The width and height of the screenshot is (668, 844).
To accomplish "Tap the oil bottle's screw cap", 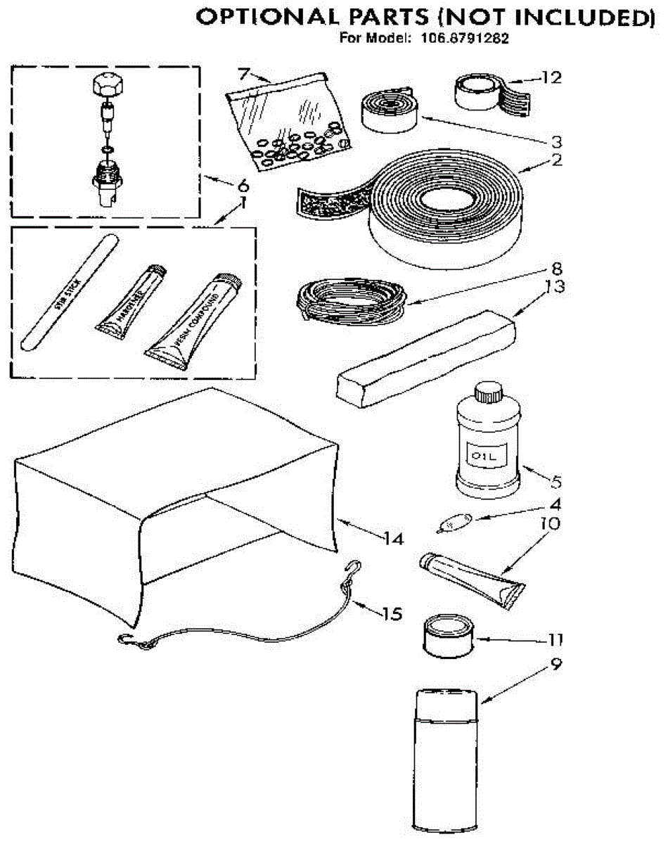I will point(487,391).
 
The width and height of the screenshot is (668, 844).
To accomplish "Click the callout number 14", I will point(394,539).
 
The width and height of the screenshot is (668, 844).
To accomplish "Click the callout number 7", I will point(243,72).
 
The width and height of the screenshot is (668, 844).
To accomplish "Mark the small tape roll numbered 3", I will point(390,108).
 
